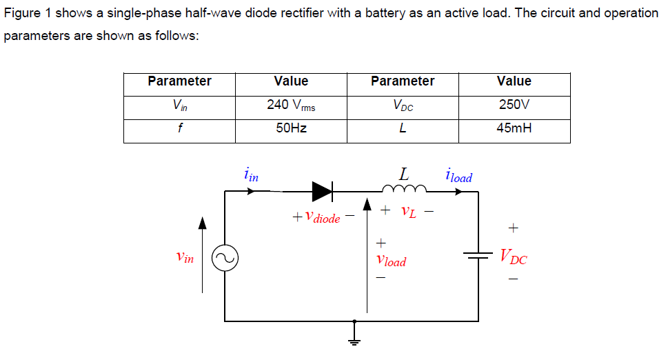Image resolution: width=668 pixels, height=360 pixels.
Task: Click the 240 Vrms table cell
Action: (x=291, y=106)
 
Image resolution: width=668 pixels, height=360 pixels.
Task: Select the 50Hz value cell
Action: (x=291, y=128)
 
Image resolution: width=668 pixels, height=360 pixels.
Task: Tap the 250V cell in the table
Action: (x=514, y=106)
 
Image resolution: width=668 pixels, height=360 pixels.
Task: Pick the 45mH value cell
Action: (x=514, y=128)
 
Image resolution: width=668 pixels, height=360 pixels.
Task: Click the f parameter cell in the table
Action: (x=179, y=128)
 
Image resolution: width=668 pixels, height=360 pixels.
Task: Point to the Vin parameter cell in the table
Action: (x=179, y=106)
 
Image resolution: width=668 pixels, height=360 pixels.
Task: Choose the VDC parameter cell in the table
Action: (x=403, y=106)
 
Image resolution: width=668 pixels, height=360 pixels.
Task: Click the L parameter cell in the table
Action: (x=403, y=128)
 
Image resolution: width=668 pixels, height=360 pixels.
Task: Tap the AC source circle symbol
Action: (x=225, y=259)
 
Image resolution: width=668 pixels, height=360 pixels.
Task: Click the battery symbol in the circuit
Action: (x=478, y=256)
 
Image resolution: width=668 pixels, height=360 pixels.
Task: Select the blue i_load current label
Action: (x=459, y=176)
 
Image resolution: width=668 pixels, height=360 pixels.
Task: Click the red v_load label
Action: (x=391, y=261)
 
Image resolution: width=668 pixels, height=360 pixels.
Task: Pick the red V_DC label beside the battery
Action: (x=514, y=259)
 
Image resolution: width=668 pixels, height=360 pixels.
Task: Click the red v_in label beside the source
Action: (x=185, y=257)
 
